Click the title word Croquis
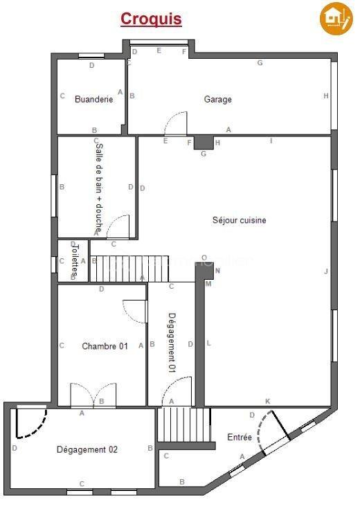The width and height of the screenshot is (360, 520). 151,19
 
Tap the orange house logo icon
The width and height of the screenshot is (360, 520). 336,19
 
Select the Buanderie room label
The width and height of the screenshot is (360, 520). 93,99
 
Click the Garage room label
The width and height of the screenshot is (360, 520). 217,99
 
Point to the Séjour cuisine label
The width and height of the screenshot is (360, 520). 239,220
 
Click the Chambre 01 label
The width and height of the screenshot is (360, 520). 105,346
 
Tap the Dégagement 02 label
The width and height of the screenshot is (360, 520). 87,449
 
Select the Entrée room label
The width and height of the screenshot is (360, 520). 240,437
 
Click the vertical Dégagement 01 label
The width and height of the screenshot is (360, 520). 172,343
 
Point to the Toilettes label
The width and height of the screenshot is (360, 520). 76,261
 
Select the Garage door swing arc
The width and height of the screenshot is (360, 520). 176,122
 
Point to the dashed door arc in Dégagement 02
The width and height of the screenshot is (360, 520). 31,423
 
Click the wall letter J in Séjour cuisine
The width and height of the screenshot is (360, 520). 325,271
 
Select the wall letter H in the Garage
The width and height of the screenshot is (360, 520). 325,96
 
